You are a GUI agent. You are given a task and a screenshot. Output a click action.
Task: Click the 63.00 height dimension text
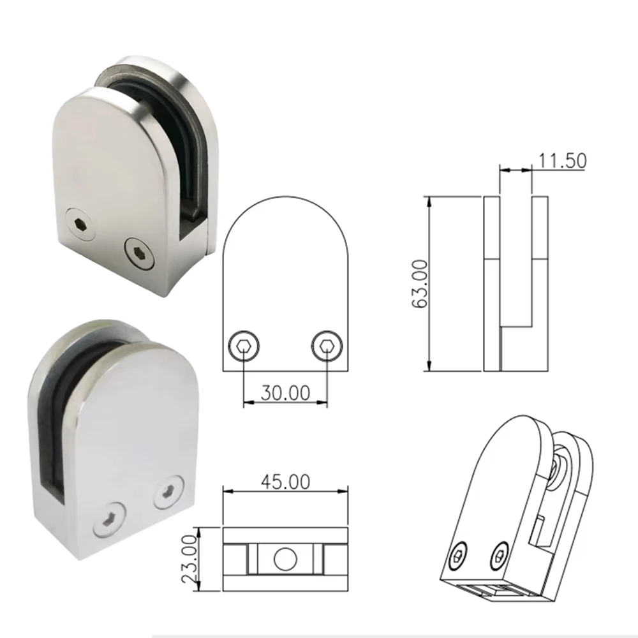[420, 284]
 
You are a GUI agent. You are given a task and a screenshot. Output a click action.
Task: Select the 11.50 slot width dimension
[563, 161]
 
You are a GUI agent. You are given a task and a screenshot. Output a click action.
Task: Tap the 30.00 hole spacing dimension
[285, 392]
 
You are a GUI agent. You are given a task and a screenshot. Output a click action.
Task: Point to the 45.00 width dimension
[285, 482]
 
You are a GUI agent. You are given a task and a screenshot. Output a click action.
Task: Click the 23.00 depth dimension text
[189, 559]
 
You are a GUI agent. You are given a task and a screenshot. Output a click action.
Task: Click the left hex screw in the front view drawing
[243, 346]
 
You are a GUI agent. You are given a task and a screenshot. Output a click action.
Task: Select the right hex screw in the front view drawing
[327, 346]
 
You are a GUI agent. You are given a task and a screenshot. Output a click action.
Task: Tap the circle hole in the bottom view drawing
[285, 559]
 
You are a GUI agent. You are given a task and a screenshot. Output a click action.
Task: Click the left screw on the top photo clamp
[80, 224]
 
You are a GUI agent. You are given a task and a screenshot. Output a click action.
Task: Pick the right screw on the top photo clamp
[139, 254]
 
